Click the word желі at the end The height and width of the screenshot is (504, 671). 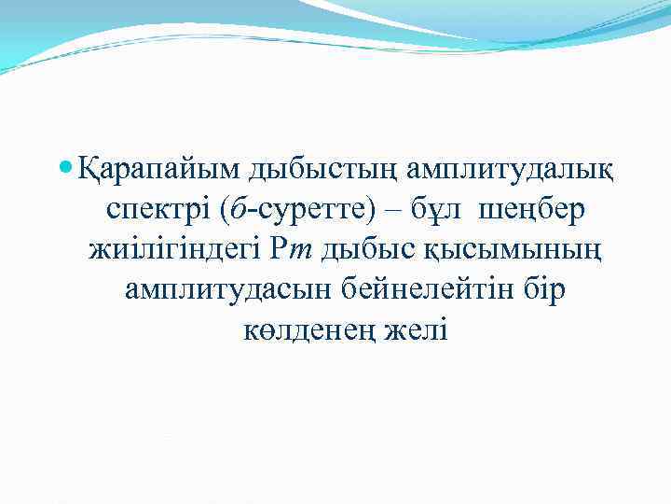[419, 330]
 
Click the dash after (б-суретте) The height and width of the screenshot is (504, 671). [391, 210]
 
